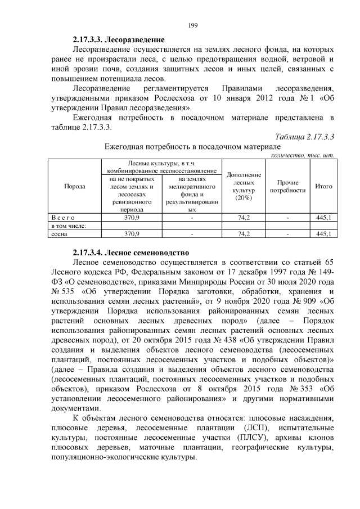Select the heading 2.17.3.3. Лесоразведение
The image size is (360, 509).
coord(119,40)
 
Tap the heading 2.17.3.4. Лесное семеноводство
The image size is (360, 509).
coord(131,253)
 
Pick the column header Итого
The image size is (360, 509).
coord(323,186)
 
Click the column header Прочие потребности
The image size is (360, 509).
coord(288,186)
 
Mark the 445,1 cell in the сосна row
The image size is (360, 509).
coord(323,233)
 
